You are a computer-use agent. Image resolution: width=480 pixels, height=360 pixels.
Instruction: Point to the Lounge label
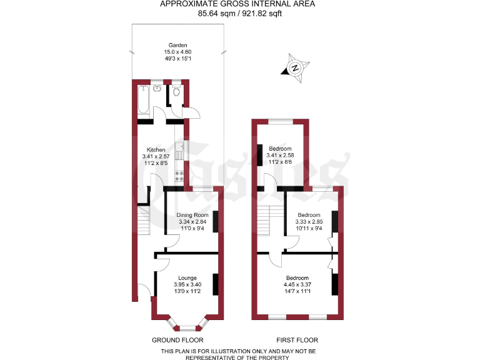(x=187, y=278)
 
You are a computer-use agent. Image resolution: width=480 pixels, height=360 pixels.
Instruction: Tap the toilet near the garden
(x=177, y=92)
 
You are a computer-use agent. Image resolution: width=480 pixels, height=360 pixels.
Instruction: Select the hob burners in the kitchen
(x=179, y=176)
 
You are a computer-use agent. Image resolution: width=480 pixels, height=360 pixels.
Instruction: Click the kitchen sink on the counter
(x=180, y=152)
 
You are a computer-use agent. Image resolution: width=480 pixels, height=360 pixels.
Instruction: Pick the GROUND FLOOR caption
(x=177, y=341)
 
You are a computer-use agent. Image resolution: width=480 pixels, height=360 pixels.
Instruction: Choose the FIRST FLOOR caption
(x=297, y=341)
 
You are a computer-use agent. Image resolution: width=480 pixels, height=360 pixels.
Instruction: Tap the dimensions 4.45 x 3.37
(x=297, y=285)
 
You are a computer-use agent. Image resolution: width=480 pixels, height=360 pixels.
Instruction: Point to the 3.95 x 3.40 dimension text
(x=187, y=285)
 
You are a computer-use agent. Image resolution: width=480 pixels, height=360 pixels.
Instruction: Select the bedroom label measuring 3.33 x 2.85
(x=309, y=215)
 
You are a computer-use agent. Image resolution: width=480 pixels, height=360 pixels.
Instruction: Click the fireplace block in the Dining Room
(x=216, y=221)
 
